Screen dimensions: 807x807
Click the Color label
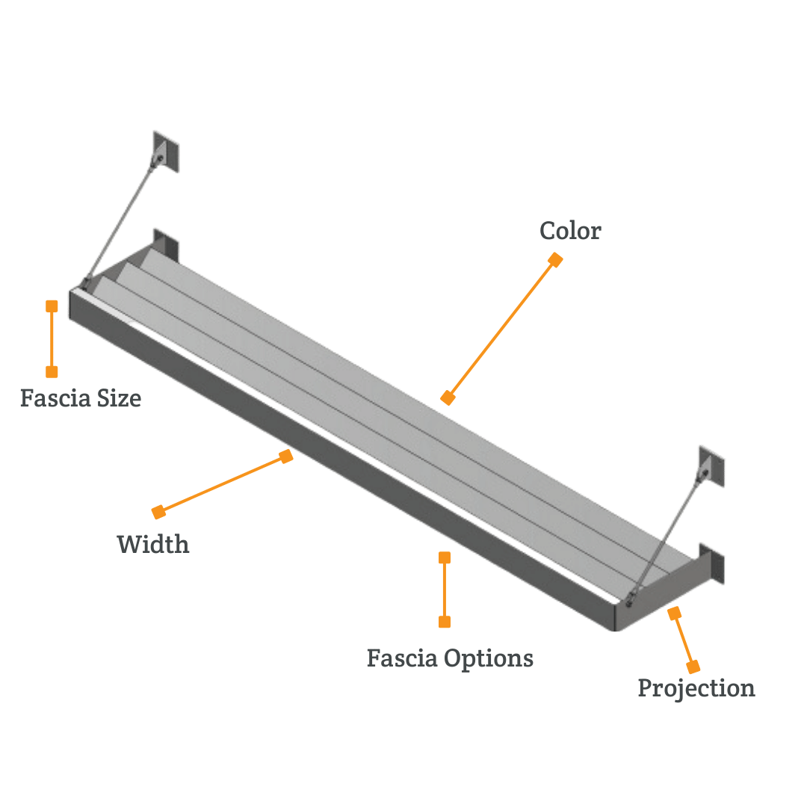pyautogui.click(x=570, y=231)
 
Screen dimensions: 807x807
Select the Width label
pyautogui.click(x=153, y=543)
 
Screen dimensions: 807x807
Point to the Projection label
pyautogui.click(x=696, y=687)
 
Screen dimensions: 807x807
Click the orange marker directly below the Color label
pyautogui.click(x=555, y=259)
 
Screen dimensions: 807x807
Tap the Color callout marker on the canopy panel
pyautogui.click(x=448, y=398)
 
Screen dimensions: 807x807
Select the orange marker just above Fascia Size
pyautogui.click(x=52, y=371)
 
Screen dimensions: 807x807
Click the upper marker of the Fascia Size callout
pyautogui.click(x=52, y=306)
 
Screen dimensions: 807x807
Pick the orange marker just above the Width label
pyautogui.click(x=158, y=512)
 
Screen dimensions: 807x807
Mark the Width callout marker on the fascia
pyautogui.click(x=286, y=456)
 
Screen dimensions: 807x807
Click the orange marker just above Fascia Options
pyautogui.click(x=445, y=622)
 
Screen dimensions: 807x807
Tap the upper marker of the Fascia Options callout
pyautogui.click(x=445, y=557)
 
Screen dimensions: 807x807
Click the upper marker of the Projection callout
pyautogui.click(x=675, y=613)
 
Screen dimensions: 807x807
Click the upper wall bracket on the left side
pyautogui.click(x=163, y=152)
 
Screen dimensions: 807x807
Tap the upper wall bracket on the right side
pyautogui.click(x=711, y=467)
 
